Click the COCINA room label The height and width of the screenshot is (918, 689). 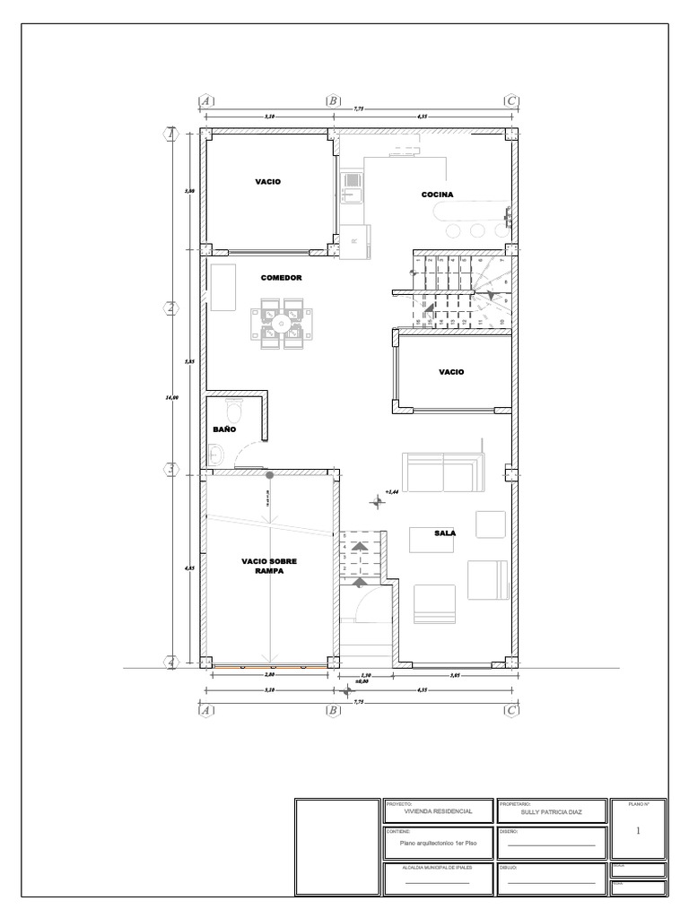click(x=438, y=195)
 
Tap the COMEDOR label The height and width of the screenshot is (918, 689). click(x=281, y=278)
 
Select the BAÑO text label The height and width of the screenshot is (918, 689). click(x=223, y=429)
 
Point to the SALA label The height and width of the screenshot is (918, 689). click(x=445, y=533)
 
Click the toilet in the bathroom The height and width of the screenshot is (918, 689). click(x=235, y=413)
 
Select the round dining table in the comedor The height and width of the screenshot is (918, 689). click(x=282, y=324)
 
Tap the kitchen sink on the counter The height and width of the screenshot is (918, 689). click(x=353, y=190)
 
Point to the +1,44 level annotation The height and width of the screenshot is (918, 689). click(x=391, y=491)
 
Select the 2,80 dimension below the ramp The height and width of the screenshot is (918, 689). click(x=268, y=674)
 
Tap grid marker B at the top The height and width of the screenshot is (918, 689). click(x=333, y=101)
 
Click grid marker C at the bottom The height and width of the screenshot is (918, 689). click(x=511, y=710)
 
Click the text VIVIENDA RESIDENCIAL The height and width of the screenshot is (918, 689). click(x=439, y=810)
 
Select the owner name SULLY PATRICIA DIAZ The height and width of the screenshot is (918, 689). click(x=551, y=810)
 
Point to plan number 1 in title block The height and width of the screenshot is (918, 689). click(x=638, y=831)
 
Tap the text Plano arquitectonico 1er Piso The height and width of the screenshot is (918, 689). click(x=438, y=844)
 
